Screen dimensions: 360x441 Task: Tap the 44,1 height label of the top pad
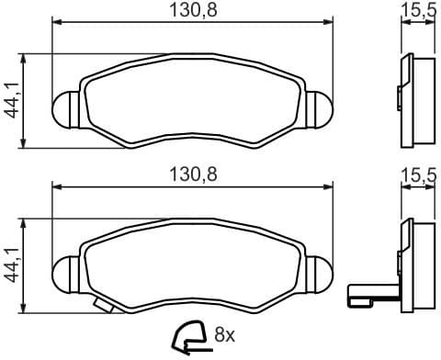click(11, 98)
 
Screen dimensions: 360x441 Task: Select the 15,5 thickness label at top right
click(418, 11)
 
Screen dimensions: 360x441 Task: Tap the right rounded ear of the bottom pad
click(317, 272)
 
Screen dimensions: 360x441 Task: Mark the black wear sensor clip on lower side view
click(372, 295)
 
